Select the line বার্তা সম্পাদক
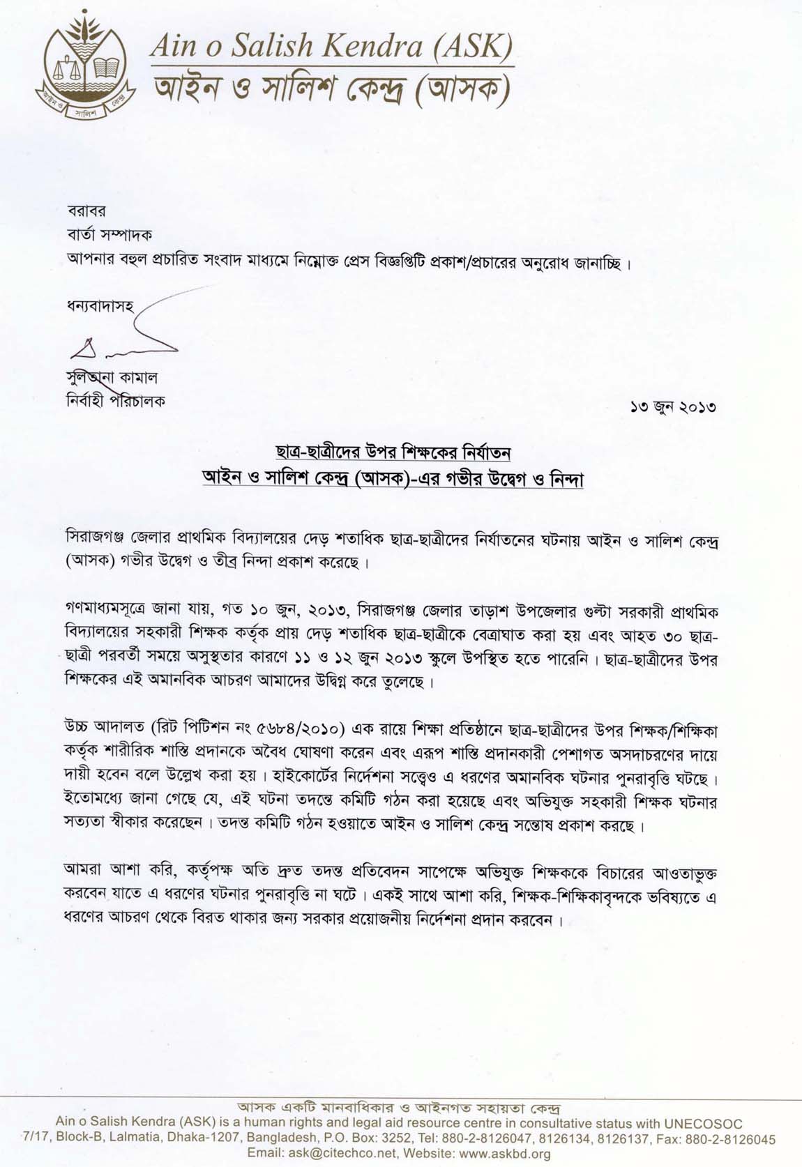click(109, 234)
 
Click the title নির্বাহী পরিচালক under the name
click(115, 401)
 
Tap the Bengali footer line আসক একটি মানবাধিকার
click(400, 1108)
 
